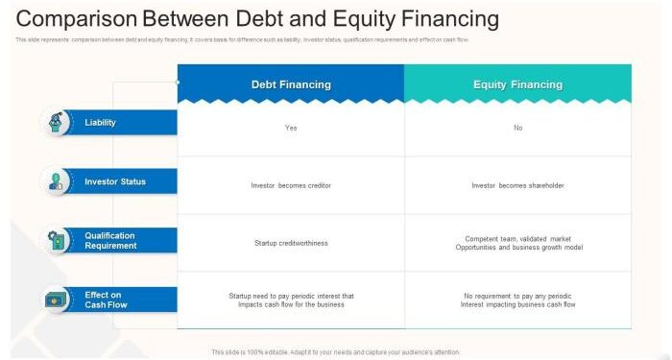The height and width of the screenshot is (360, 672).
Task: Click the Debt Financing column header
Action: tap(291, 84)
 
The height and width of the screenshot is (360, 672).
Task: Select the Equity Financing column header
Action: tap(517, 84)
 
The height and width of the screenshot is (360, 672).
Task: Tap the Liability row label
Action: tap(100, 123)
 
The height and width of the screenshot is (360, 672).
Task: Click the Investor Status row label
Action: tap(115, 181)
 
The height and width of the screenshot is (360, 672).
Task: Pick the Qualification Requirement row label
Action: tap(110, 241)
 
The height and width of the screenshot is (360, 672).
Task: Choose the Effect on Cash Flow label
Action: tap(104, 300)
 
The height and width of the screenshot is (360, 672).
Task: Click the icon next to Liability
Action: tap(57, 123)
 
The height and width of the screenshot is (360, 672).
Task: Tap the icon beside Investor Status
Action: tap(57, 181)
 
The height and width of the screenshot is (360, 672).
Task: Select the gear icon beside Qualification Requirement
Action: tap(57, 241)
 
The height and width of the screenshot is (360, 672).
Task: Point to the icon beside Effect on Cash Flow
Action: tap(57, 300)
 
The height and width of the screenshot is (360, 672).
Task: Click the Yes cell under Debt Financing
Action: tap(291, 128)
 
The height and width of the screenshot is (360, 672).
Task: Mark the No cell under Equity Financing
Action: tap(517, 128)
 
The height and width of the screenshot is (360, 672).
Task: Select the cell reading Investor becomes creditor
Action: tap(291, 185)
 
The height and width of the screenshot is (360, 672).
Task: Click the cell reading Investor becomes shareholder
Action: tap(517, 185)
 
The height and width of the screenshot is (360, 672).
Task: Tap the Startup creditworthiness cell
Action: tap(291, 243)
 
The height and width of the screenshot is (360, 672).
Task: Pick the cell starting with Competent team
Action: tap(517, 243)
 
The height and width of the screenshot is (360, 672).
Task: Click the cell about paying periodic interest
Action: tap(291, 300)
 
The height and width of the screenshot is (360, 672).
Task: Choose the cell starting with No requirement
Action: tap(517, 300)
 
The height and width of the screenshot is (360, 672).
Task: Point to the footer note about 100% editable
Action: tap(336, 352)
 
